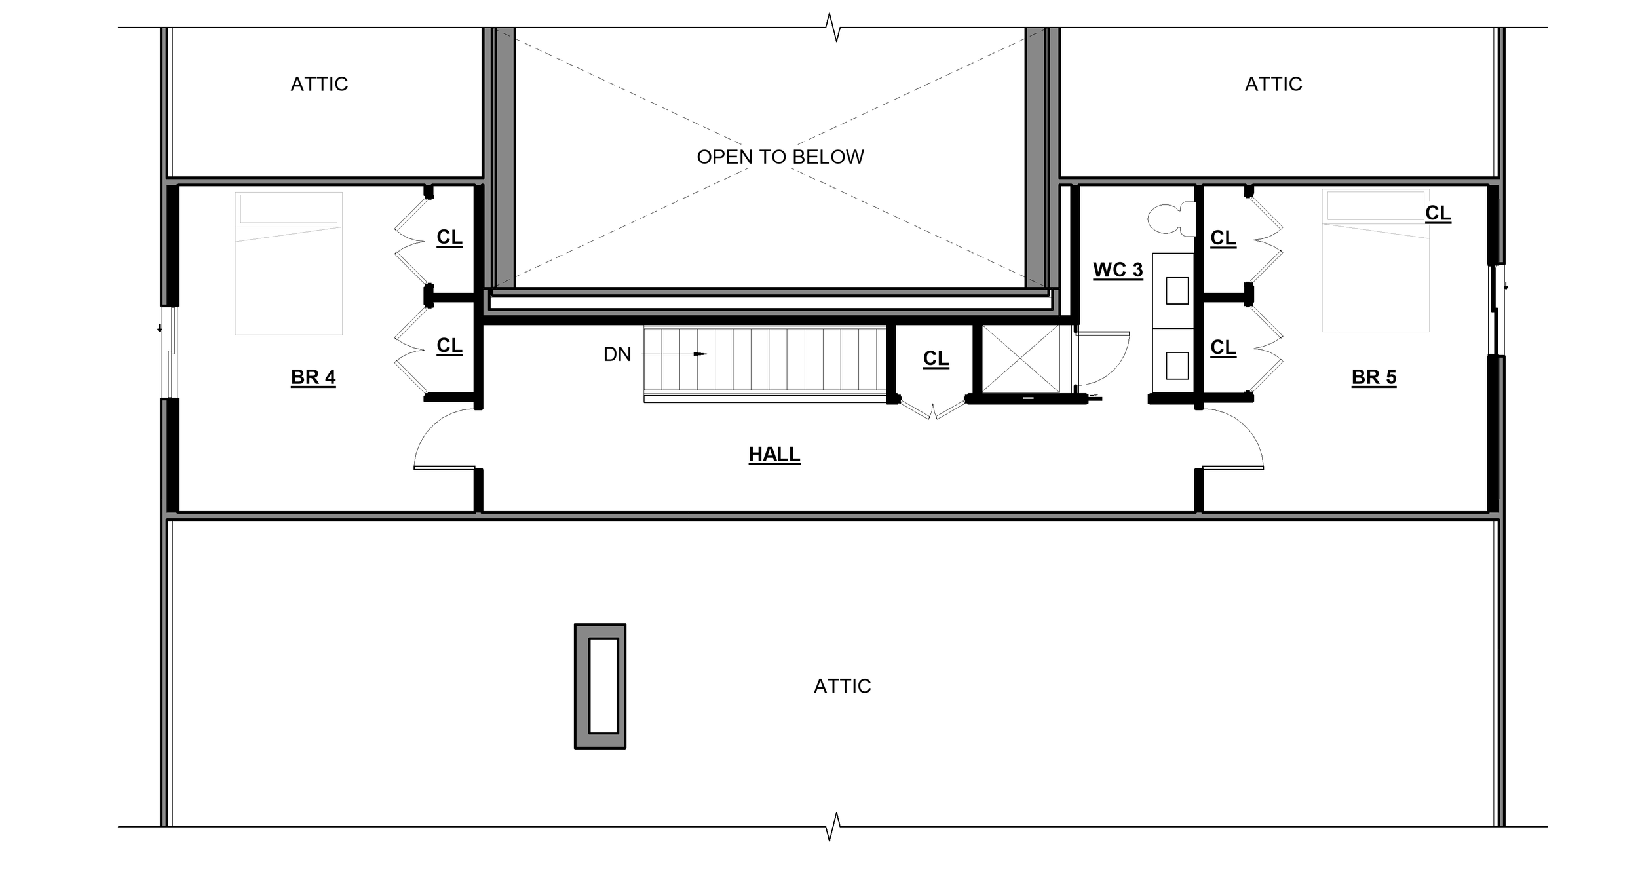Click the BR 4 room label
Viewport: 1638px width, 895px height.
coord(313,377)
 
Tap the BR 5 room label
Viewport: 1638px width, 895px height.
coord(1373,377)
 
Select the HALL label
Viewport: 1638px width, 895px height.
coord(774,454)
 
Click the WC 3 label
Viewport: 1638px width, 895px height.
coord(1118,270)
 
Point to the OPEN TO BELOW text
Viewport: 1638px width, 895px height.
coord(780,157)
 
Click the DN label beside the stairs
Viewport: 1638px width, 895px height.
coord(617,354)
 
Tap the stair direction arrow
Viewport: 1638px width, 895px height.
coord(698,354)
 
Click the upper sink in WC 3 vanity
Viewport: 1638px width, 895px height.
coord(1177,291)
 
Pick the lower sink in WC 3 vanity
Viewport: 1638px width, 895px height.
coord(1177,366)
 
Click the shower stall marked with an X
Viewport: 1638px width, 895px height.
coord(1021,359)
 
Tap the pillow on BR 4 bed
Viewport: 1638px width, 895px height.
coord(288,209)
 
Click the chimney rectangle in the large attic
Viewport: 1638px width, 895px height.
coord(600,686)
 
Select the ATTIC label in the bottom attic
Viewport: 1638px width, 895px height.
coord(842,686)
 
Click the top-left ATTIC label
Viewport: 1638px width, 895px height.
coord(319,85)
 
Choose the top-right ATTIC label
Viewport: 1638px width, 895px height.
coord(1273,85)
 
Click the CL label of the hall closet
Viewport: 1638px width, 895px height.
coord(936,358)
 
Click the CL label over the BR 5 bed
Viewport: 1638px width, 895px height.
coord(1438,213)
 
